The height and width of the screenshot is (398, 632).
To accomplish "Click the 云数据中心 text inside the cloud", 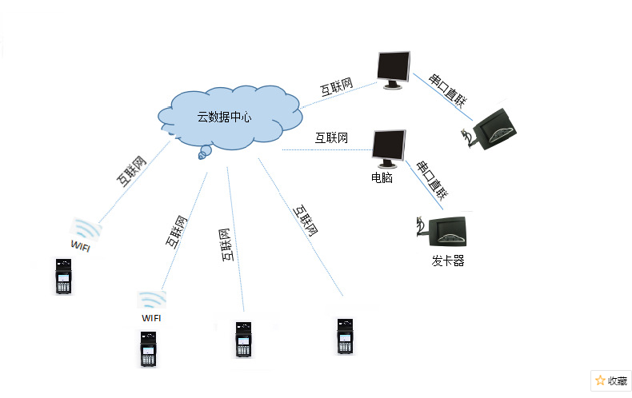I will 225,117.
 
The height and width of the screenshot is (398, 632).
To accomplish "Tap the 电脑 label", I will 382,177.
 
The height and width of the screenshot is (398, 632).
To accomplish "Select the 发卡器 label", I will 448,261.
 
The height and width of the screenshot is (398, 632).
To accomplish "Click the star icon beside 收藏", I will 600,380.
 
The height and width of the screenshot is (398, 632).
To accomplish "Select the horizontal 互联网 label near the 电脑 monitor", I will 331,137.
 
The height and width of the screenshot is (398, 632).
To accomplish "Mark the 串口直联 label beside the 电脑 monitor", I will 431,179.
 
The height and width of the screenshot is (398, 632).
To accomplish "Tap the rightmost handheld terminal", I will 345,336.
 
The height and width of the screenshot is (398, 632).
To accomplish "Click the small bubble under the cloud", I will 205,152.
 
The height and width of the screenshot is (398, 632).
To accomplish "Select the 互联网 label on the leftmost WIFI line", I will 133,171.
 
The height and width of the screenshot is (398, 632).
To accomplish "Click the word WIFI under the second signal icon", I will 151,317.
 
